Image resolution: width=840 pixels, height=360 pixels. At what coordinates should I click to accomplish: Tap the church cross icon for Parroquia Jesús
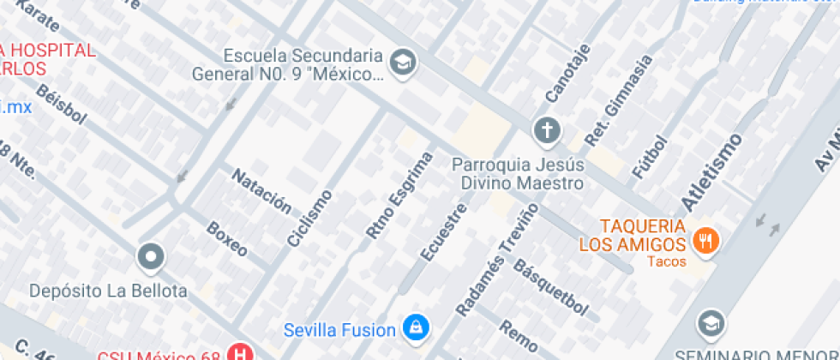546,129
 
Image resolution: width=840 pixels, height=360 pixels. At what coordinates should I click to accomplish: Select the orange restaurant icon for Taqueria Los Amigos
707,240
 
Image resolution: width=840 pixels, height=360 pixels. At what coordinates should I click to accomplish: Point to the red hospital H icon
243,353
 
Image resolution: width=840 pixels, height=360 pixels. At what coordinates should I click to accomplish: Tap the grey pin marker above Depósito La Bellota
152,255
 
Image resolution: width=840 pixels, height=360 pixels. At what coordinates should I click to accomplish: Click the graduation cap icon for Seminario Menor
711,323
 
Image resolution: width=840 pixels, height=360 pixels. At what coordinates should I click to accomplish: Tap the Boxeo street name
227,239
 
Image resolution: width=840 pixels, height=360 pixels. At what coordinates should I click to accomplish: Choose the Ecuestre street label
444,231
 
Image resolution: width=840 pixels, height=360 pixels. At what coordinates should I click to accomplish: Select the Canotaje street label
567,75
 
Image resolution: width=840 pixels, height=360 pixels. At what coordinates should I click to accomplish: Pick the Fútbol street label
648,157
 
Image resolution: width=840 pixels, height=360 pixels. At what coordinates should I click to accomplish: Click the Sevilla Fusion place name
339,329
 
